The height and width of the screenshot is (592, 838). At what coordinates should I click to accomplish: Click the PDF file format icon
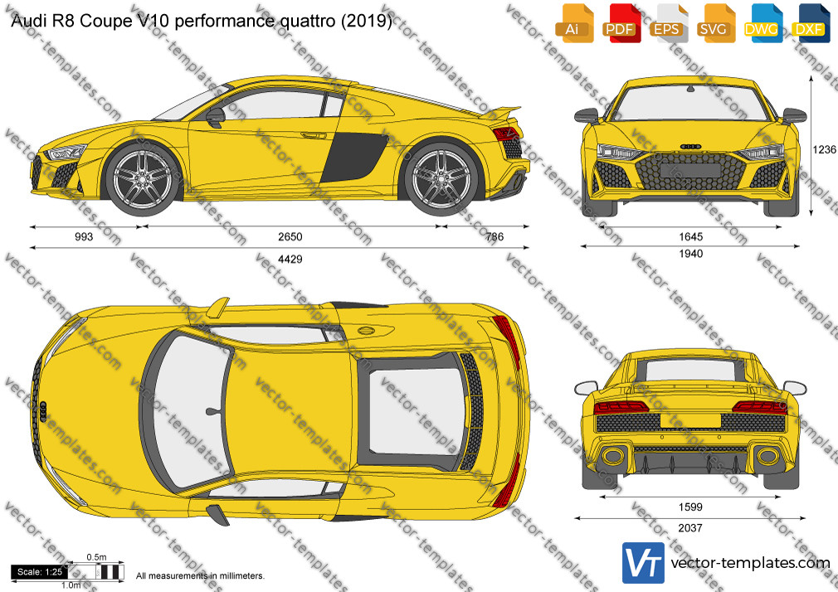pos(620,23)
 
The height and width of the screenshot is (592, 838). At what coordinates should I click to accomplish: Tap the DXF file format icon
pos(809,23)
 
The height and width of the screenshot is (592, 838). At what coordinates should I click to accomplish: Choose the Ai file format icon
pos(572,23)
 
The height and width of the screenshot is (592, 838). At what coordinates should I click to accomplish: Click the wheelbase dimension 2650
pos(290,236)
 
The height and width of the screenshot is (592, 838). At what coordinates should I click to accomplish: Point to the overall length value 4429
pos(290,260)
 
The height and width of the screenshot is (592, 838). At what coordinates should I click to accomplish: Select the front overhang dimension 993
pos(84,236)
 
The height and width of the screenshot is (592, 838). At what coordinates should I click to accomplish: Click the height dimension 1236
pos(824,149)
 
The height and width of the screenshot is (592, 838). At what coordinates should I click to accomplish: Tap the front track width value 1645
pos(691,236)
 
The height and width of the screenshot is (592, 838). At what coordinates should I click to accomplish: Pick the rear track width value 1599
pos(690,507)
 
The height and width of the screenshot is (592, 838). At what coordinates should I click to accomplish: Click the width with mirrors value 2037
pos(690,528)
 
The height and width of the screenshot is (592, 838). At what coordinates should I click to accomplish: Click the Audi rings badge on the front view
pos(690,147)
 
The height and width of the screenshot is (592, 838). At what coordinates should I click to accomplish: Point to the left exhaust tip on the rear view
pos(612,456)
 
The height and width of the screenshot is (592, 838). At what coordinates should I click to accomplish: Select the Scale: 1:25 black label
pos(39,572)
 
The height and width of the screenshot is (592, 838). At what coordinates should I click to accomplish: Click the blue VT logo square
pos(644,563)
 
